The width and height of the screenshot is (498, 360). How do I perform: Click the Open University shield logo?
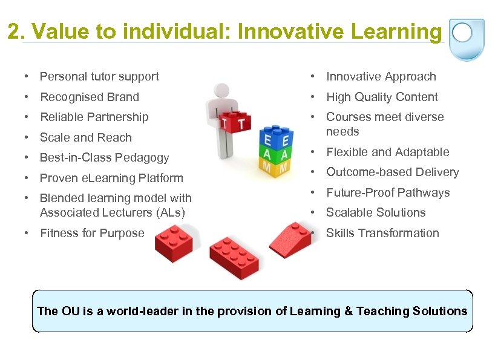coord(467,38)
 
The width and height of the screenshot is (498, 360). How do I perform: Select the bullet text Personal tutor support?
coord(99,76)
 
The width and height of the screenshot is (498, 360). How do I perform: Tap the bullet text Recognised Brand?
coord(90,97)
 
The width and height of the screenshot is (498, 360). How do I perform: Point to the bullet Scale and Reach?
coord(85,137)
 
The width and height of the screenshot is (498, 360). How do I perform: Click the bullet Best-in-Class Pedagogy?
coord(104,157)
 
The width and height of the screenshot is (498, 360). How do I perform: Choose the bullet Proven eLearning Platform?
coord(111,178)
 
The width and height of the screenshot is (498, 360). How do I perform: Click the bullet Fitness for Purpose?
coord(92,233)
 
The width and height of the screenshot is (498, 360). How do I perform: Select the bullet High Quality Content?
coord(382,97)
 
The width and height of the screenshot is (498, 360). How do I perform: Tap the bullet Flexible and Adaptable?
coord(387,152)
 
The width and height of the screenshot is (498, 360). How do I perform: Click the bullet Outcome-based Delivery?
coord(392,172)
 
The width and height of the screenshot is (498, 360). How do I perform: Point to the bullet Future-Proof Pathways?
coord(388,192)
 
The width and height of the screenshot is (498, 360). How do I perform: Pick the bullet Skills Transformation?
coord(382,233)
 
